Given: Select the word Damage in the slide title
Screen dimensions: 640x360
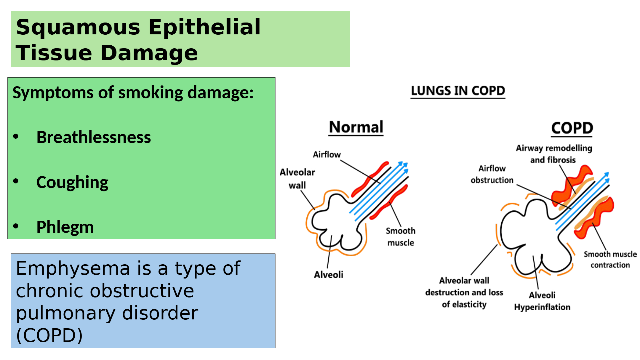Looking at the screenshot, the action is pos(149,53).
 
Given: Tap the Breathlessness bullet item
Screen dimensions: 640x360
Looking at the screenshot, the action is pos(94,137).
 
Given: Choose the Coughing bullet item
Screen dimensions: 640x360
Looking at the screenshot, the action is pos(72,183).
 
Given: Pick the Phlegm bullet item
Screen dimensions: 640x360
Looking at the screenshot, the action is pos(65,227).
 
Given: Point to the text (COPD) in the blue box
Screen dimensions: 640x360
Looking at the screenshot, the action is pos(49,335).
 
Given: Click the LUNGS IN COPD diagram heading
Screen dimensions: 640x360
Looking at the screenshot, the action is pos(458,91).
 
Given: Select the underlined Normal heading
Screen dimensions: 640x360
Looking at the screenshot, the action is pos(356,127).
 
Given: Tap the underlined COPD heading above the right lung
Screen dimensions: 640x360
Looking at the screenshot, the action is pos(572,128).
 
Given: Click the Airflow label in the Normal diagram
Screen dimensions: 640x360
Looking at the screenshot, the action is pos(327,155).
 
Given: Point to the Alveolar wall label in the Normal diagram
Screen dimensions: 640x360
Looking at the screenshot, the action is pos(297,179).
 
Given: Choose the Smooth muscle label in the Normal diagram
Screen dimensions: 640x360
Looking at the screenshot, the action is pos(401,237).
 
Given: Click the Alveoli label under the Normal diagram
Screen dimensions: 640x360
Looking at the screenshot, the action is pos(329,275).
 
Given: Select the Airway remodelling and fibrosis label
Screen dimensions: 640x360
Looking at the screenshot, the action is pos(554,154).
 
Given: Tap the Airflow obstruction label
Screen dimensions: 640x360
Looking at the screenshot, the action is pos(492,174).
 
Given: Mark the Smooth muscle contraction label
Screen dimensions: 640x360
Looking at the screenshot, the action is pos(610,260).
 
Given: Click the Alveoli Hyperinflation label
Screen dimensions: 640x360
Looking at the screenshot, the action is pos(542,301).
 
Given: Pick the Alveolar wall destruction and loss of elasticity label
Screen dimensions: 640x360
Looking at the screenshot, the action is pos(464,292).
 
